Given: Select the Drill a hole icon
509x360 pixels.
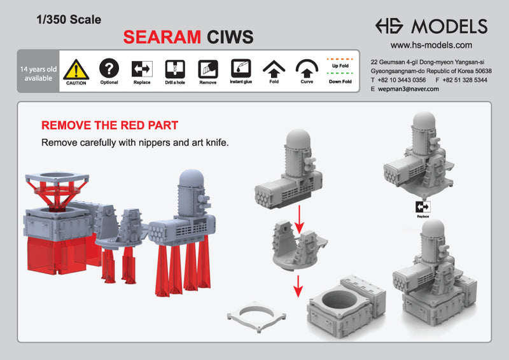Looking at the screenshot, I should coord(175,69).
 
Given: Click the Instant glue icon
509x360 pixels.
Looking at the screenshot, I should coord(241,68).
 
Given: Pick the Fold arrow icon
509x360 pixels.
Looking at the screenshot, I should coord(274,68).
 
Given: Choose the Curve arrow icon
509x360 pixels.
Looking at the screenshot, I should coord(307,68).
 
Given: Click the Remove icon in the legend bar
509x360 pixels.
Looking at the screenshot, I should coord(207,69).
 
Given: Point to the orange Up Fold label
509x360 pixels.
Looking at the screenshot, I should coord(340,66).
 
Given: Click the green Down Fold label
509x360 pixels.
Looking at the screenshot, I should coord(340,81).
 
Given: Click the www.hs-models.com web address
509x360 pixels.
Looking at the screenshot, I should coord(431,45).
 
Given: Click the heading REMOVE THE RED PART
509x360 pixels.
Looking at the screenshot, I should coord(109,125).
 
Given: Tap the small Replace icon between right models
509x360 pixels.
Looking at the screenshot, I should coord(422,207).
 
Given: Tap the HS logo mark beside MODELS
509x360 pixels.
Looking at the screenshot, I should coord(389,26).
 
